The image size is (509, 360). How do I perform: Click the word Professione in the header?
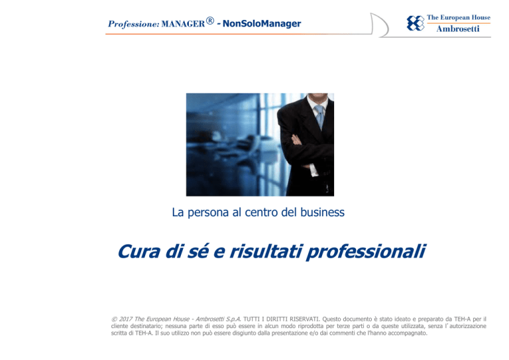[x=133, y=25]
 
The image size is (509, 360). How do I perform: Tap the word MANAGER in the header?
[x=183, y=24]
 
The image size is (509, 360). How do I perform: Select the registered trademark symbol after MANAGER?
[x=210, y=21]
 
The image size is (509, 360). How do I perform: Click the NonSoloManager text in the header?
[x=262, y=23]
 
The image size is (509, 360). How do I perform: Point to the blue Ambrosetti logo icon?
[x=416, y=23]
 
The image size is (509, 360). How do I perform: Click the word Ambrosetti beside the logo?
[x=458, y=29]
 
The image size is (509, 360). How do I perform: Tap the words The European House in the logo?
[x=459, y=17]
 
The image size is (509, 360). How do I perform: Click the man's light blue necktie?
[x=319, y=116]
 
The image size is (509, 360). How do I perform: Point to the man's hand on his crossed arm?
[x=297, y=140]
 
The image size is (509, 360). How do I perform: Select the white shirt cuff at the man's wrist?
[x=313, y=170]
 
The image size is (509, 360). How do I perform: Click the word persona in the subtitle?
[x=208, y=213]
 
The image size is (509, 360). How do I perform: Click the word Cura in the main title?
[x=139, y=251]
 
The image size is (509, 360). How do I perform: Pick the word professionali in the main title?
[x=366, y=252]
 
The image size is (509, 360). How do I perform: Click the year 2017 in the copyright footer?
[x=126, y=319]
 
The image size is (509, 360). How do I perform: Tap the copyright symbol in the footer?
[x=114, y=319]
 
